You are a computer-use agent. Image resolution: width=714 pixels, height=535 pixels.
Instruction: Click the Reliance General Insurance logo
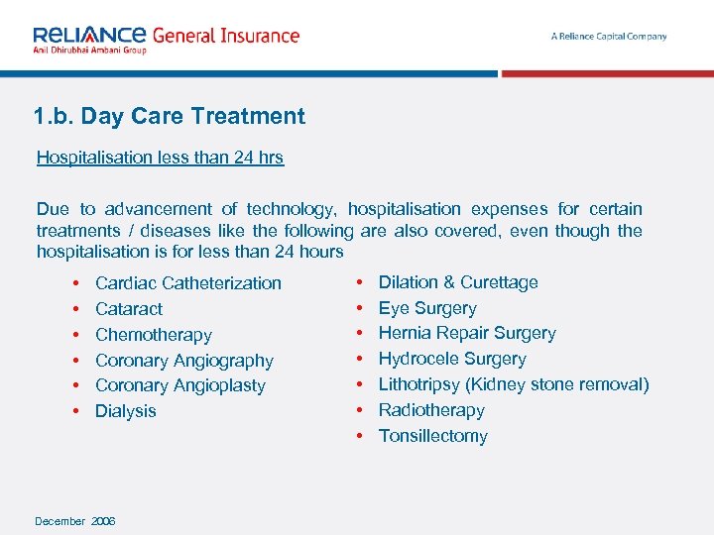(166, 38)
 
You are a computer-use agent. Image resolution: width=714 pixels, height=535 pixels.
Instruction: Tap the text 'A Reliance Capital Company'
(608, 37)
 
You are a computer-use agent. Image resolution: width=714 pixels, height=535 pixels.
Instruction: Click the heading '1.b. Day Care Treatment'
(169, 116)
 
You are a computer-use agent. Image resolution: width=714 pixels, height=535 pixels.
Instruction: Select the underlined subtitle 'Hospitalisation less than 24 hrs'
(160, 158)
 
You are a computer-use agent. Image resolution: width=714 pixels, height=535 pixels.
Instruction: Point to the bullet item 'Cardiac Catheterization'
(187, 283)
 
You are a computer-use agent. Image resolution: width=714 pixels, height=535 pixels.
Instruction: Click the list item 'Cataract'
(129, 309)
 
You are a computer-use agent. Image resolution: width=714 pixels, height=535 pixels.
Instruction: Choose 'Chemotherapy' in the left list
(153, 335)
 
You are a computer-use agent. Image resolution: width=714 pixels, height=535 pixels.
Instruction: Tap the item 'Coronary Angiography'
(183, 361)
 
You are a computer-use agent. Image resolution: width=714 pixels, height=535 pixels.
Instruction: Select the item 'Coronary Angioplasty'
(179, 385)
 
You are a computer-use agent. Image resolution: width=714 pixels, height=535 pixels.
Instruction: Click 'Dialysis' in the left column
(125, 411)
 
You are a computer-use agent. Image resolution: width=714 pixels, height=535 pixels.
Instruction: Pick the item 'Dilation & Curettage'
(458, 282)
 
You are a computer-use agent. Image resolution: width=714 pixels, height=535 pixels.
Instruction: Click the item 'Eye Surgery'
(427, 308)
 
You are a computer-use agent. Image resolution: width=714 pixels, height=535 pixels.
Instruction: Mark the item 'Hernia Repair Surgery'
(467, 333)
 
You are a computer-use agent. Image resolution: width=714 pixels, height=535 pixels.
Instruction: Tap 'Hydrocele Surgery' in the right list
(452, 359)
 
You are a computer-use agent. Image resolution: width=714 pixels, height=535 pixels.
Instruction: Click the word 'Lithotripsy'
(419, 384)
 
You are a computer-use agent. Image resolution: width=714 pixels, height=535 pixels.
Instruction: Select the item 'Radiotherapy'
(431, 410)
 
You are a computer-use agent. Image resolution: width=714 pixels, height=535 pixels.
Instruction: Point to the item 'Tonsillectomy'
(432, 436)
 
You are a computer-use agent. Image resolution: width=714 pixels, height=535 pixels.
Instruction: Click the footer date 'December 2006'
(75, 521)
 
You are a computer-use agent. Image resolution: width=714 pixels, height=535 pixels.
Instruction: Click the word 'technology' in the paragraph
(292, 209)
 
